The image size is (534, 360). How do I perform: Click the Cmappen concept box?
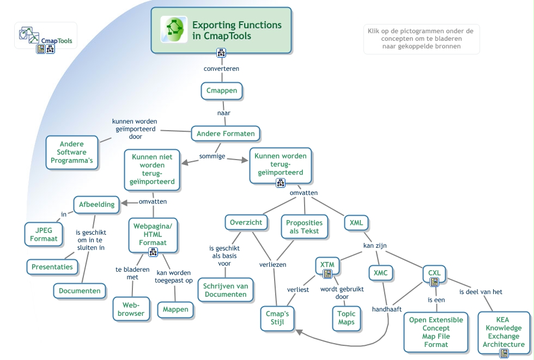222,90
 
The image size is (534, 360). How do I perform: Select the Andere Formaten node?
226,133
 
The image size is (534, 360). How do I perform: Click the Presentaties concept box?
52,267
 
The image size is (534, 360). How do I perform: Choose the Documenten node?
80,291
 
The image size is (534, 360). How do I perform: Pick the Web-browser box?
131,309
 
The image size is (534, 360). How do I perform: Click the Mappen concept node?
175,310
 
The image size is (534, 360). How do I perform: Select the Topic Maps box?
346,318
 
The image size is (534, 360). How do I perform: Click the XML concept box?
356,222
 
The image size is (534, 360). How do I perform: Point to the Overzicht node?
246,222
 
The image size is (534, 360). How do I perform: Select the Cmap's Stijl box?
277,318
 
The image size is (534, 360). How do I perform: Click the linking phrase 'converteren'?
221,69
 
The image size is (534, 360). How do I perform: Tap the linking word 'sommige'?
212,156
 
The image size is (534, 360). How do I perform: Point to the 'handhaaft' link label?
387,309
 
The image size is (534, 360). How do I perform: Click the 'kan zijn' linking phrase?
375,246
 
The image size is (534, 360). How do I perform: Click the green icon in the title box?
174,29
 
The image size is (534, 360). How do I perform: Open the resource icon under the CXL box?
434,282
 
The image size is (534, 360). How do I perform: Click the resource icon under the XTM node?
327,274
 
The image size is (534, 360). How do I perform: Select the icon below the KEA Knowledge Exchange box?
504,353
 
